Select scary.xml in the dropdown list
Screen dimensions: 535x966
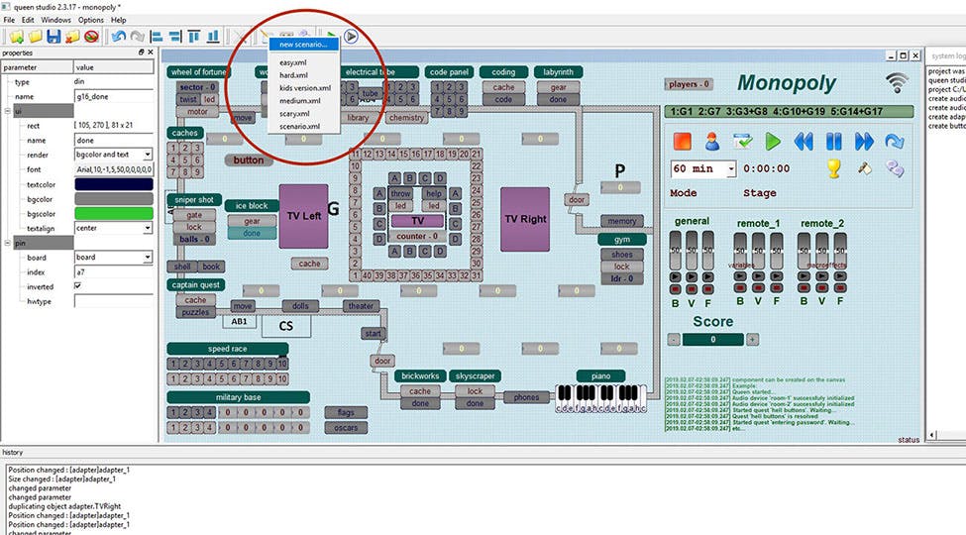(x=293, y=114)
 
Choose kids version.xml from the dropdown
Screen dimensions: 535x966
(x=304, y=88)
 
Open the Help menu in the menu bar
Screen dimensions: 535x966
(x=118, y=20)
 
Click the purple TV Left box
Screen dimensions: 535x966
(x=303, y=216)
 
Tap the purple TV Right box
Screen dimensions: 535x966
(x=525, y=219)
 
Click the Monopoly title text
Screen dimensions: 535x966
(x=787, y=83)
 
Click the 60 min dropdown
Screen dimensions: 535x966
(x=703, y=168)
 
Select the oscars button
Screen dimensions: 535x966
(x=346, y=428)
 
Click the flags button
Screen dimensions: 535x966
(x=346, y=412)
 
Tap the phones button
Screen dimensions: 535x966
(x=527, y=397)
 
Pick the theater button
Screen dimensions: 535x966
(x=360, y=306)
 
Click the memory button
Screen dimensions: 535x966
(x=621, y=221)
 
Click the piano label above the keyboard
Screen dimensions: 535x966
(x=600, y=375)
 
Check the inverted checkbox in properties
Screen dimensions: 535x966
(x=78, y=286)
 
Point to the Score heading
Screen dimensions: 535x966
(x=712, y=321)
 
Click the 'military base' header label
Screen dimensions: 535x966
(x=238, y=397)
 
